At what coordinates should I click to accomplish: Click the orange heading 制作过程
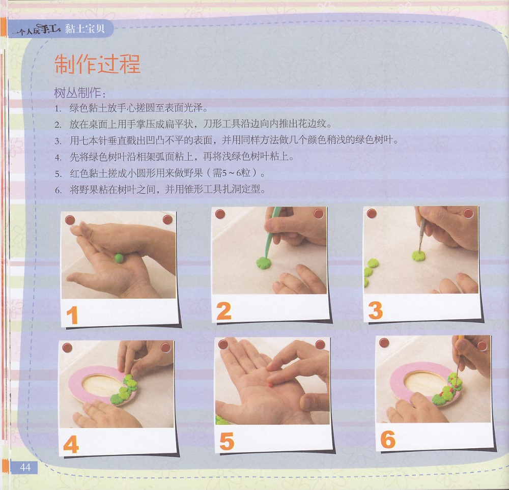[97, 64]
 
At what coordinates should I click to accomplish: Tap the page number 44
[25, 467]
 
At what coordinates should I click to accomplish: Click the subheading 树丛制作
[77, 93]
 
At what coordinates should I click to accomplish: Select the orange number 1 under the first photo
[72, 315]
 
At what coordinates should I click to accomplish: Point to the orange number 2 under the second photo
[223, 311]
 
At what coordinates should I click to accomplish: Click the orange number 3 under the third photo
[376, 310]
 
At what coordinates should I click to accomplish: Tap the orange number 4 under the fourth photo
[71, 444]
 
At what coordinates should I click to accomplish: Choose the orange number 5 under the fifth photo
[227, 441]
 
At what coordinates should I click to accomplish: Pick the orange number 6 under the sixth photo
[388, 440]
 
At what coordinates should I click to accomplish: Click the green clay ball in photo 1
[119, 258]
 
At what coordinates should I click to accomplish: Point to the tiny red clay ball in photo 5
[270, 385]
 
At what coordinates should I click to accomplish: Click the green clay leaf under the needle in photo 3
[418, 256]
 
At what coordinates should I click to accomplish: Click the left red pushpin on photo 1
[70, 220]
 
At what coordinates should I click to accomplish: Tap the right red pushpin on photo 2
[319, 214]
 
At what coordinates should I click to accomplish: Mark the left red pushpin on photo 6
[384, 342]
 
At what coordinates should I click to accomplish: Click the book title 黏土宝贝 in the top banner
[84, 29]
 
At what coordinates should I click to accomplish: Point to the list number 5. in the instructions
[58, 174]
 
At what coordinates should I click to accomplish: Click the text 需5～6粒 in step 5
[232, 173]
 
